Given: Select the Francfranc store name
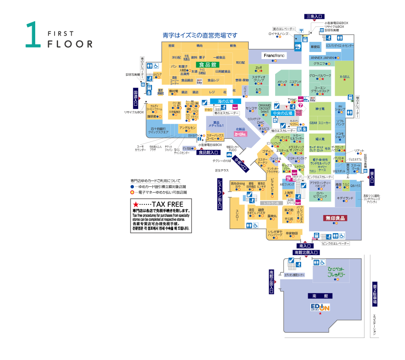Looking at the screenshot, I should (275, 56).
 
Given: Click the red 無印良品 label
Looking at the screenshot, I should (336, 218).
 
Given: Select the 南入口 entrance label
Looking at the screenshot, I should (305, 245).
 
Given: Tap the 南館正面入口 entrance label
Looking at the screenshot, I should (272, 282).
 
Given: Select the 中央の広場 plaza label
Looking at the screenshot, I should (283, 113).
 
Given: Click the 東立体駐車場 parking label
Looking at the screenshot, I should (375, 294).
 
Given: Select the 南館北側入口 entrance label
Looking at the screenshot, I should (306, 252).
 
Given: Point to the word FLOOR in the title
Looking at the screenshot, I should (70, 44).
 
